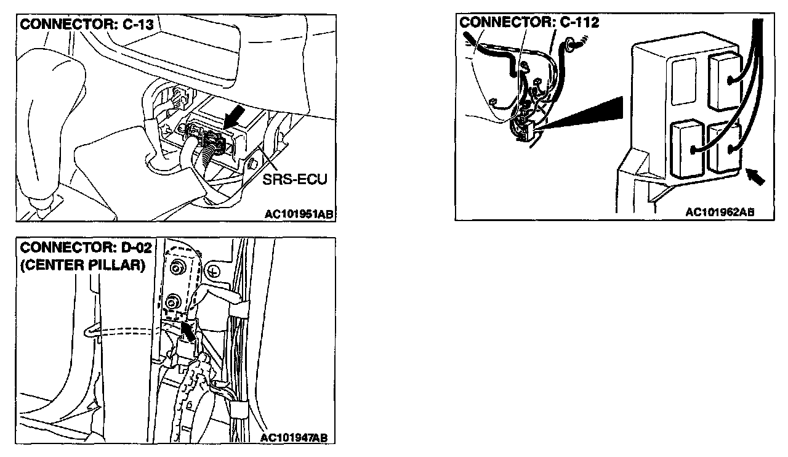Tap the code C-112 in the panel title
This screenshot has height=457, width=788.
(x=579, y=23)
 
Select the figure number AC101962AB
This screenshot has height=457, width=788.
(x=720, y=212)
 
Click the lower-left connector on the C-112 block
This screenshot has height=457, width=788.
(x=686, y=148)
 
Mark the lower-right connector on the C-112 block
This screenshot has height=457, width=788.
(x=725, y=148)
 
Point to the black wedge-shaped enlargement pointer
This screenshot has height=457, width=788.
(x=591, y=111)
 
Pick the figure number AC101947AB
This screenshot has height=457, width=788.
(x=294, y=438)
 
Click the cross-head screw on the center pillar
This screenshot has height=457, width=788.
(x=214, y=271)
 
